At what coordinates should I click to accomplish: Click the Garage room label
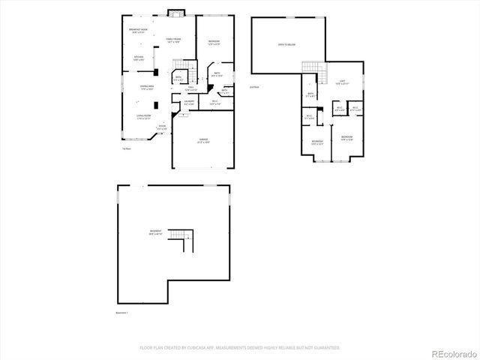(x=203, y=140)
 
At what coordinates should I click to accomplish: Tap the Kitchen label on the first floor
(x=139, y=58)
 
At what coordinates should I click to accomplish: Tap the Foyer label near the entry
(x=162, y=127)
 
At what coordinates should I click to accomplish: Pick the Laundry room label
(x=190, y=102)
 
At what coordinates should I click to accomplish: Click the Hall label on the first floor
(x=191, y=89)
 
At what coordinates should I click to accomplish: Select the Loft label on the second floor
(x=341, y=82)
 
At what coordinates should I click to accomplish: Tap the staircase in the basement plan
(x=181, y=242)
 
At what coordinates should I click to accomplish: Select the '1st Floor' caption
(x=127, y=148)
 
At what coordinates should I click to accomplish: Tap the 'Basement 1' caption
(x=121, y=312)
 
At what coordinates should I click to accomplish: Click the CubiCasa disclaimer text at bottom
(x=240, y=347)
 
